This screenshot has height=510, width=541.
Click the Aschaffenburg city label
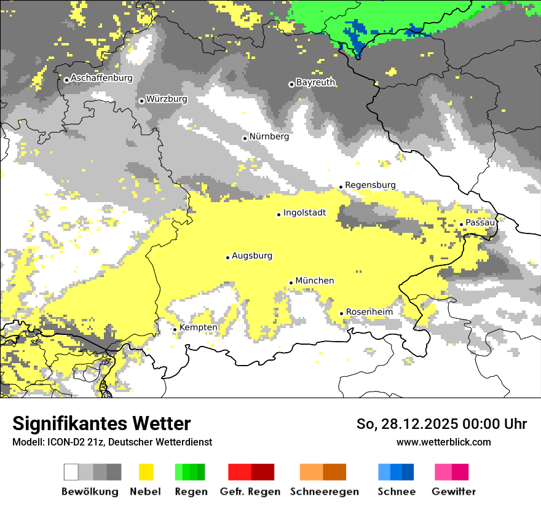(x=101, y=79)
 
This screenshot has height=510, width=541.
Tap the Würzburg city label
(x=167, y=99)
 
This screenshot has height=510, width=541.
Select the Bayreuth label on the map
(x=315, y=82)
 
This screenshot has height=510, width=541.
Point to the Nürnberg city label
(x=269, y=136)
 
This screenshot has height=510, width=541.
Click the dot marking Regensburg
(x=341, y=187)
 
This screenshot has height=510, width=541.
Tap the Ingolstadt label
(x=304, y=213)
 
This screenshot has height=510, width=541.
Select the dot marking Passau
(x=461, y=224)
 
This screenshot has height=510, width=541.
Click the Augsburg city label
(x=252, y=256)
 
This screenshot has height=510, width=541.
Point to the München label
(x=315, y=281)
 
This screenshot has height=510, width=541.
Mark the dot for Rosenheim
(x=341, y=314)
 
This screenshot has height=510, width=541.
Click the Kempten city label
(x=198, y=328)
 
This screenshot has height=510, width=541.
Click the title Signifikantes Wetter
(x=101, y=424)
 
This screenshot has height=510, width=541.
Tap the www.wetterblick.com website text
(x=443, y=442)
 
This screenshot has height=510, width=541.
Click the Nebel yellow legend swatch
(x=146, y=472)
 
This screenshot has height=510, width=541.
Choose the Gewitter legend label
(x=454, y=492)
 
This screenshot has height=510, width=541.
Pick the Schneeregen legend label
(x=325, y=492)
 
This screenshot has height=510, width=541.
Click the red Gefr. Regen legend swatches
(x=251, y=472)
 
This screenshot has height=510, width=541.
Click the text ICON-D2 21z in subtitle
(x=71, y=442)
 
